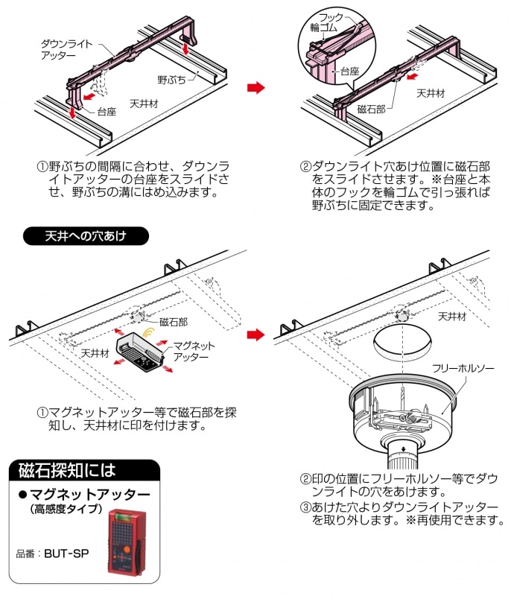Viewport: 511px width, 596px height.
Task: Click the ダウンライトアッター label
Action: pyautogui.click(x=66, y=49)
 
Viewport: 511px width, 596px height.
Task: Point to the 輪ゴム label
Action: pyautogui.click(x=325, y=28)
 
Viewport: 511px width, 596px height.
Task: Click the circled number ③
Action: pyautogui.click(x=305, y=507)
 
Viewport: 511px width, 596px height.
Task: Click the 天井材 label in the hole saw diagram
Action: pyautogui.click(x=453, y=315)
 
